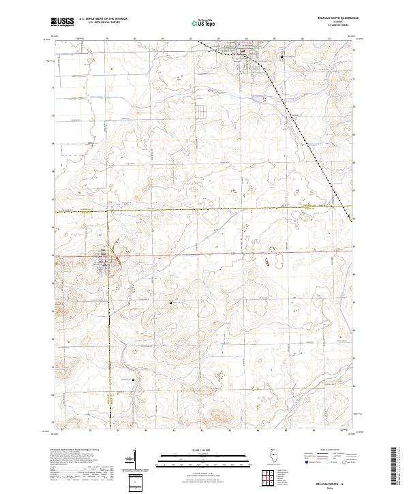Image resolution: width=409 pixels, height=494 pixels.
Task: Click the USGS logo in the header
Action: (x=63, y=22)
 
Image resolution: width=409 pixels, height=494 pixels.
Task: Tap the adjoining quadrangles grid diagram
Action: (x=268, y=476)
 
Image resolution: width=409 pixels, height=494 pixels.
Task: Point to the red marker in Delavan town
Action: (x=243, y=50)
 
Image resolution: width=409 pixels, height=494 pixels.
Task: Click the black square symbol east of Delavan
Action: (x=282, y=56)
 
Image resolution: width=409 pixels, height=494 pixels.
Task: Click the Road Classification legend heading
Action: (x=332, y=450)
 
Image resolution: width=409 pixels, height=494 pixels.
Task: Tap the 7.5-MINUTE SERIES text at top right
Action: (x=332, y=28)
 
